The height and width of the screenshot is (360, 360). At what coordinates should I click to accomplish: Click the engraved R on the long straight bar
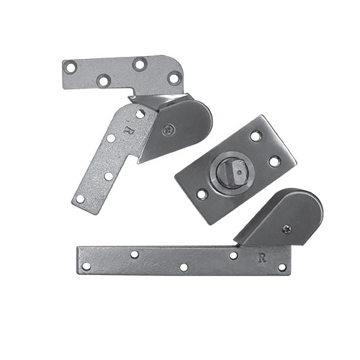(261, 256)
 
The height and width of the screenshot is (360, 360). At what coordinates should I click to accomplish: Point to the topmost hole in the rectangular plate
(256, 135)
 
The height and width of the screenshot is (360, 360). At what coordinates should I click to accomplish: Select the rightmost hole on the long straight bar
(282, 267)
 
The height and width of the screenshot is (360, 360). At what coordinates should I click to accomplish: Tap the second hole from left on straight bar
(134, 254)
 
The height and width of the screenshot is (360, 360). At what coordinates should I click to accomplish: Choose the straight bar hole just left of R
(233, 255)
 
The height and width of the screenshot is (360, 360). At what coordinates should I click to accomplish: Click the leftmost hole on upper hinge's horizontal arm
(71, 68)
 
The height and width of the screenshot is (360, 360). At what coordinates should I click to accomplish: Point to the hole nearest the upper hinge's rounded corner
(174, 78)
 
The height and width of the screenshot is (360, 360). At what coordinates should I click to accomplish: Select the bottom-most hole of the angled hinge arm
(81, 198)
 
